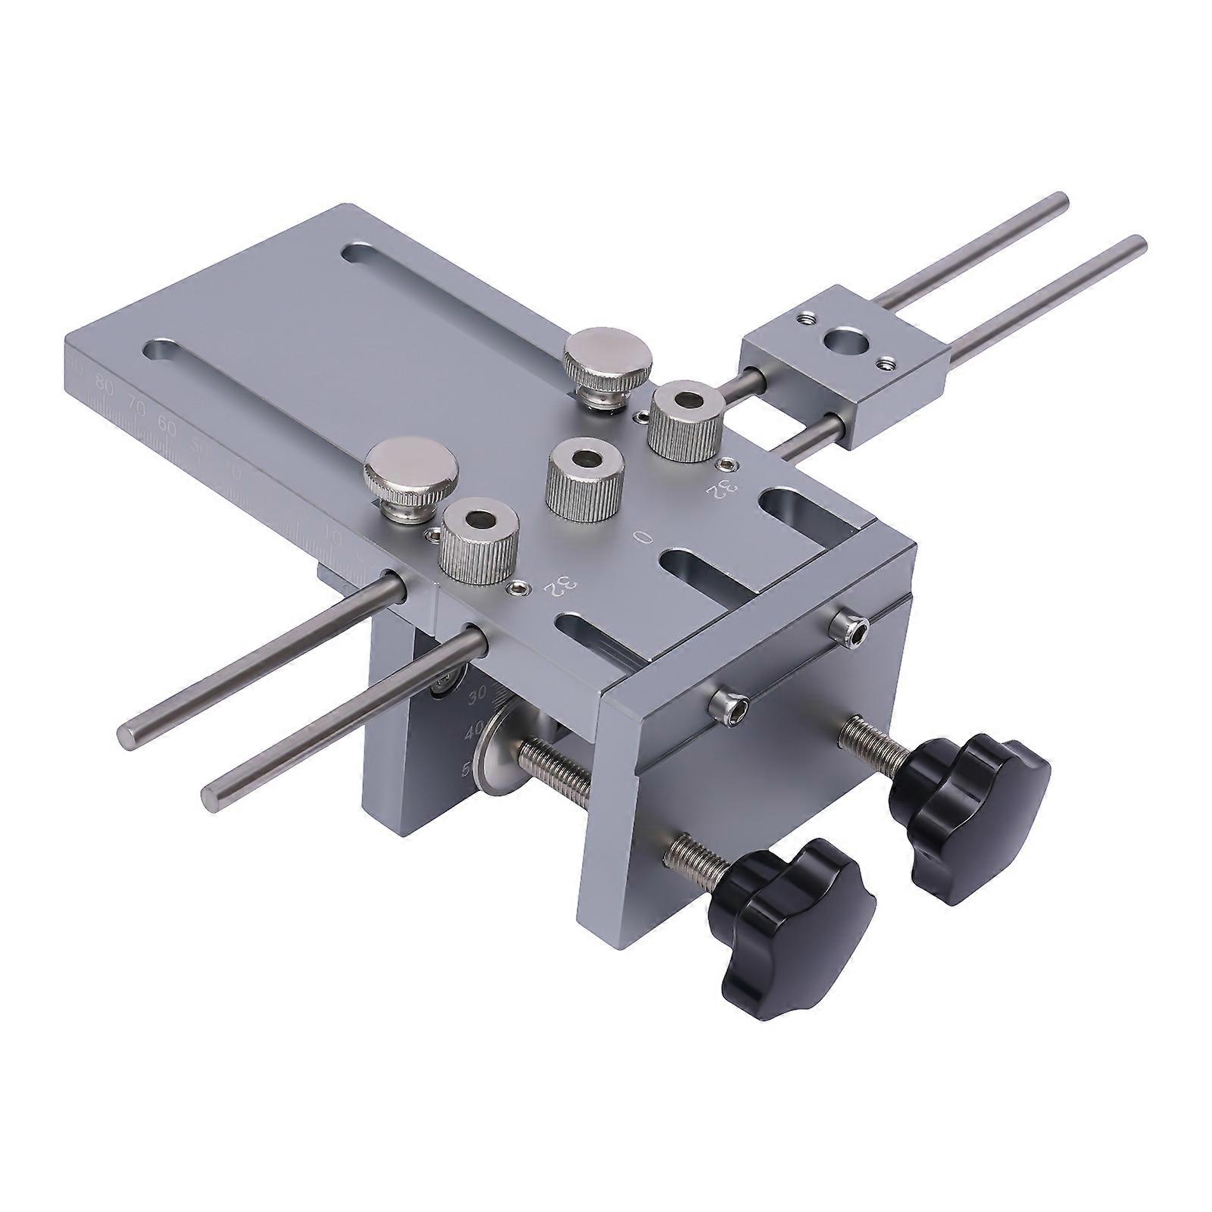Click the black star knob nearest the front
point(792,895)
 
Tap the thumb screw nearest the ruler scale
point(411,476)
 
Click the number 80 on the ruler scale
point(105,389)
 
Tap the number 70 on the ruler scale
point(136,408)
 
